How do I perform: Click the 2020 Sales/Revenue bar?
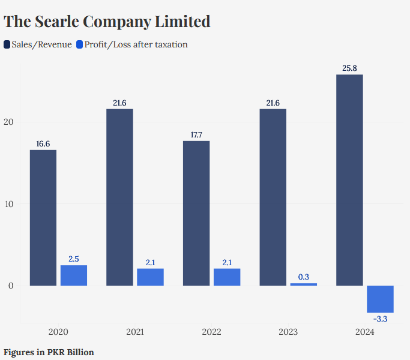[x=43, y=218]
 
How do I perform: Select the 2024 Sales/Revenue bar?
[x=349, y=180]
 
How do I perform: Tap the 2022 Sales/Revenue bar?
[x=196, y=213]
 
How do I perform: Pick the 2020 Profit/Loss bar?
[x=74, y=275]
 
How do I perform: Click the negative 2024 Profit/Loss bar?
[x=380, y=299]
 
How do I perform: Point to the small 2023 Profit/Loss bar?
[x=303, y=284]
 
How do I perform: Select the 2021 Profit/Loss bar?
[x=150, y=277]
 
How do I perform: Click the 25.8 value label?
[x=349, y=68]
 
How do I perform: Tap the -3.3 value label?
[x=380, y=319]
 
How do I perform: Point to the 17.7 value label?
[x=196, y=134]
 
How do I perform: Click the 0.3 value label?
[x=303, y=277]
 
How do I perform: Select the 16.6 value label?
[x=43, y=143]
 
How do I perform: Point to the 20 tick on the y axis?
[x=9, y=122]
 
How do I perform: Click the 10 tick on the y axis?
[x=9, y=204]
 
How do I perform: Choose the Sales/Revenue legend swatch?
[x=7, y=44]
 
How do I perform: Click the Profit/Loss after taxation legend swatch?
[x=80, y=44]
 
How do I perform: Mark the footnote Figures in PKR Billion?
[x=49, y=352]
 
